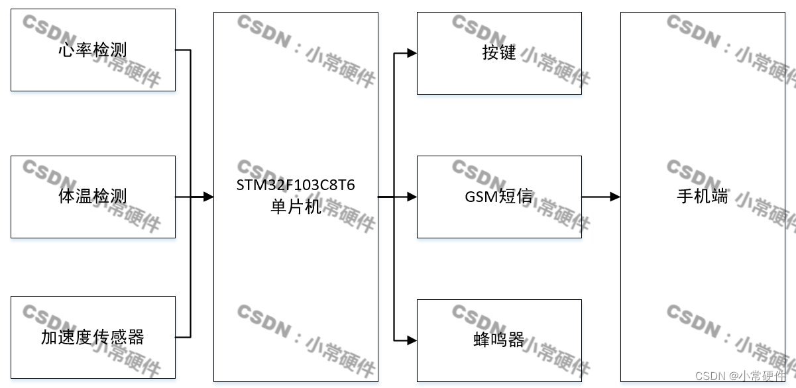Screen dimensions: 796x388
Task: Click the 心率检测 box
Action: click(x=93, y=50)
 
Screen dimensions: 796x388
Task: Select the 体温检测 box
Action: click(x=93, y=197)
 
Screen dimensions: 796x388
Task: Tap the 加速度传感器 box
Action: click(x=93, y=338)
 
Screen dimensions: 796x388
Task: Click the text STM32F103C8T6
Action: click(x=296, y=185)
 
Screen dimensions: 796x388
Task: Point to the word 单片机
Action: click(x=296, y=207)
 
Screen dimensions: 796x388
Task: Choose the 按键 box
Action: click(x=499, y=53)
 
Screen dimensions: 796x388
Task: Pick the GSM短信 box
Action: click(x=499, y=197)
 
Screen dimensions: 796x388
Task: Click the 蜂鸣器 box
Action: click(x=499, y=340)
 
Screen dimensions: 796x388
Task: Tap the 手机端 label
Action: click(x=702, y=197)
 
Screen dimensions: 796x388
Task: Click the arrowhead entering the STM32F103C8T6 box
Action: click(x=208, y=197)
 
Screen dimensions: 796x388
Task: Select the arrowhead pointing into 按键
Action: click(x=412, y=53)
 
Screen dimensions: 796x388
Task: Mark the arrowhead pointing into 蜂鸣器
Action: click(x=412, y=340)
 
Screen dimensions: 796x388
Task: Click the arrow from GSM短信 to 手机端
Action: click(x=600, y=197)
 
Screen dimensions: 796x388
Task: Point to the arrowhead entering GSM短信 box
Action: click(x=412, y=197)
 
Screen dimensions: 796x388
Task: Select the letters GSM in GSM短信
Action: click(x=480, y=197)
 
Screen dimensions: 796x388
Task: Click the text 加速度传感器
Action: click(x=93, y=338)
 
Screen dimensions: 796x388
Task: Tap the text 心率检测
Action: click(x=93, y=50)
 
